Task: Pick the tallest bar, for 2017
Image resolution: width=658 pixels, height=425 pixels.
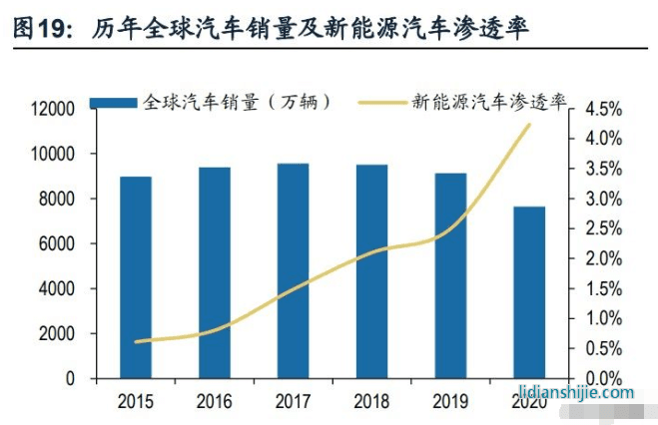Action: [293, 270]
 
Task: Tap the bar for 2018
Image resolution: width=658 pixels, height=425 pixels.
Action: [371, 271]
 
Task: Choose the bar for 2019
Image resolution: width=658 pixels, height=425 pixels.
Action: [450, 275]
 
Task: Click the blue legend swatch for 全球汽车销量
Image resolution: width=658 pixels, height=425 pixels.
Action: [114, 102]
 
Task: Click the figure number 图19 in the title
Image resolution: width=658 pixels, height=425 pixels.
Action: [38, 30]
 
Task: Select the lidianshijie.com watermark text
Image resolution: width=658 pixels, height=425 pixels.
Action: [576, 392]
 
